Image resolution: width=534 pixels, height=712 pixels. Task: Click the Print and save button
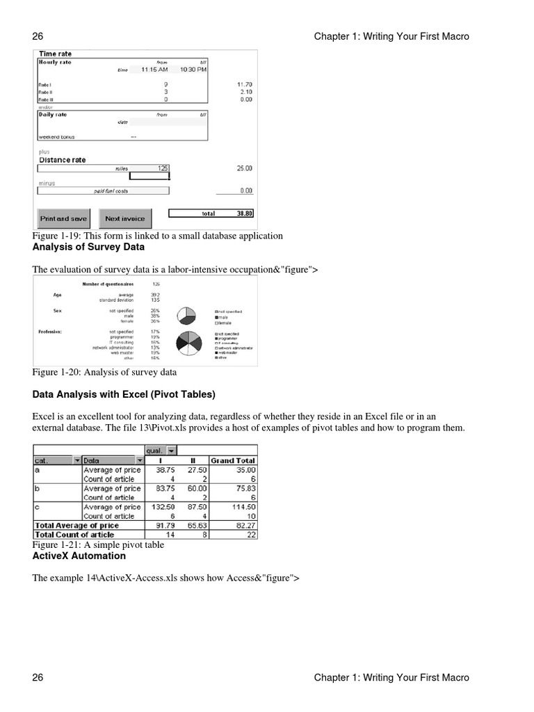64,218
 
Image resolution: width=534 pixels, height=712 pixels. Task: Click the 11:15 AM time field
154,70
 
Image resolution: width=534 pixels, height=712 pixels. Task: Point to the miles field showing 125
162,168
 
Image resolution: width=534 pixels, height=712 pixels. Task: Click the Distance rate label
63,160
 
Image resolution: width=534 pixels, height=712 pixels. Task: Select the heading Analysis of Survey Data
88,247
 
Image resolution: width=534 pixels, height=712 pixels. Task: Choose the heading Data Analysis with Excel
124,394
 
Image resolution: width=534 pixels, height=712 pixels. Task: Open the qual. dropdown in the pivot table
172,450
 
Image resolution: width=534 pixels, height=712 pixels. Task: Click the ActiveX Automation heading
79,556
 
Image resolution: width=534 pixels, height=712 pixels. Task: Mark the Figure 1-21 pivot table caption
98,545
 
